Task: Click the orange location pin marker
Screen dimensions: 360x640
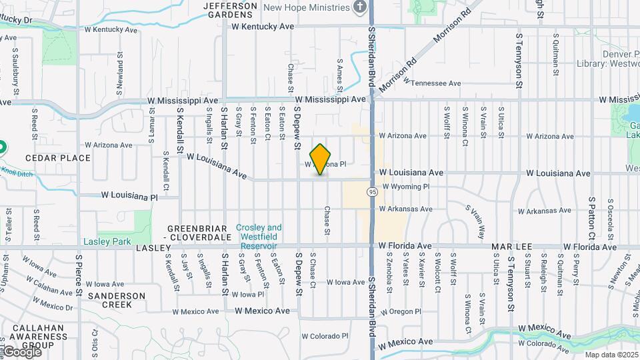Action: pyautogui.click(x=321, y=159)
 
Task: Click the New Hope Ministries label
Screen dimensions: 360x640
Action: pyautogui.click(x=307, y=7)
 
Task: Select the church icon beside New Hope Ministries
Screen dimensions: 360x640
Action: pyautogui.click(x=360, y=7)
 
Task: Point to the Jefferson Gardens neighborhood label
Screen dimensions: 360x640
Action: pyautogui.click(x=230, y=10)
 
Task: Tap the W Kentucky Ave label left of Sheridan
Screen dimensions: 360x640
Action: pyautogui.click(x=263, y=27)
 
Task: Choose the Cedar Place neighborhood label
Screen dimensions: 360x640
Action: pyautogui.click(x=57, y=158)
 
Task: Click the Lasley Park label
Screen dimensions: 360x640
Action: pyautogui.click(x=107, y=241)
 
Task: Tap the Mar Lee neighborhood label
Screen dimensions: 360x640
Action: pyautogui.click(x=512, y=247)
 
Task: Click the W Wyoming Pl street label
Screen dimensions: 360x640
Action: pyautogui.click(x=406, y=187)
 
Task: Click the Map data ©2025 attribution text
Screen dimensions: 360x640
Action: pyautogui.click(x=611, y=354)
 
